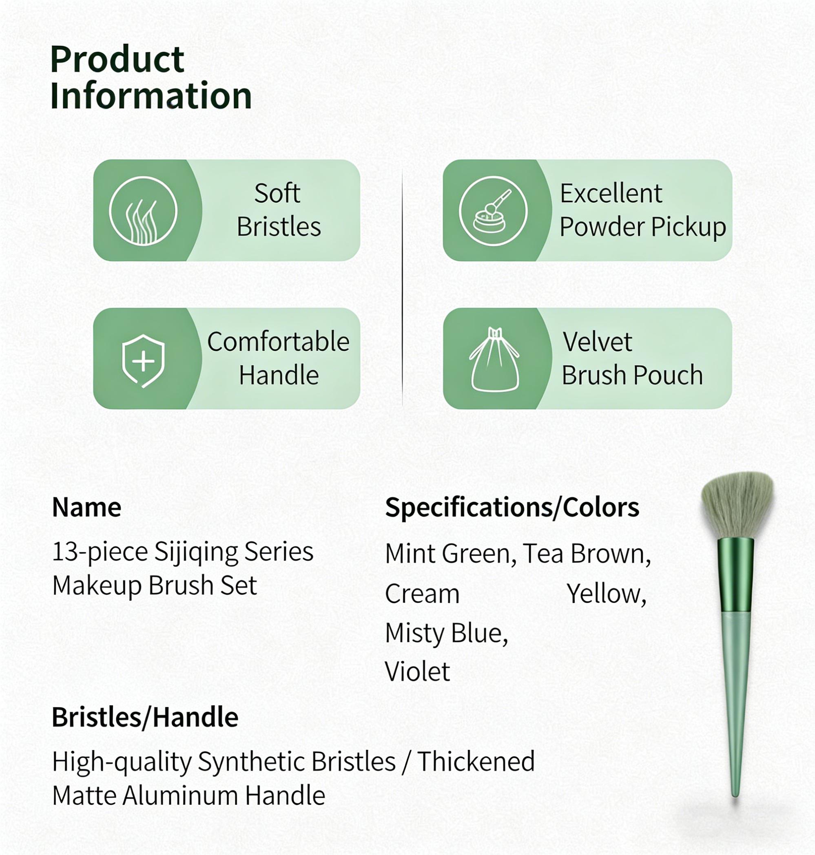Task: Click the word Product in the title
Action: coord(117,60)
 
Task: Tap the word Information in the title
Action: coord(151,96)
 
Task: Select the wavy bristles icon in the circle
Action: coord(143,211)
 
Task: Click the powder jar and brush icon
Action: coord(493,211)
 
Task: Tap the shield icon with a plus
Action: coord(143,360)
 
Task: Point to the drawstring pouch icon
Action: coord(494,360)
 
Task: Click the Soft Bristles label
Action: coord(278,210)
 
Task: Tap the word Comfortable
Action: coord(278,342)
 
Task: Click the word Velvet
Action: coord(597,342)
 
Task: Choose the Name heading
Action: coord(86,507)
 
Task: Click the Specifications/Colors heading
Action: coord(512,507)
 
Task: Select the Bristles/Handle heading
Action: coord(145,717)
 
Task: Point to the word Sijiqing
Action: coord(196,552)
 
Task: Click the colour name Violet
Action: coord(417,672)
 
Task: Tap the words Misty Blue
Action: coord(446,633)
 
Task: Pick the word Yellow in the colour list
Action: coord(607,594)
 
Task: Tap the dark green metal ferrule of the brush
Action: coord(735,574)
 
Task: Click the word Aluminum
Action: coord(180,795)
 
